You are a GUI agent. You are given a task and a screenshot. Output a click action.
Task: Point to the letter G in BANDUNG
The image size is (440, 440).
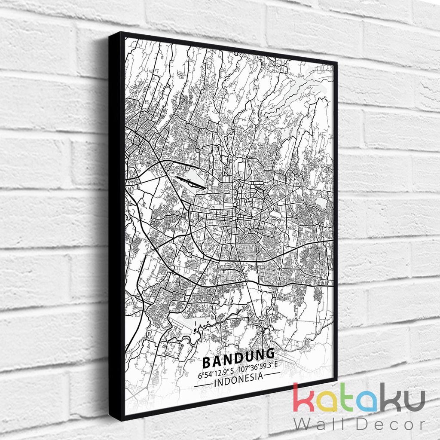[269, 354]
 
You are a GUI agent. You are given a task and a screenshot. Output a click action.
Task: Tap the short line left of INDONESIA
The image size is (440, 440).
[203, 386]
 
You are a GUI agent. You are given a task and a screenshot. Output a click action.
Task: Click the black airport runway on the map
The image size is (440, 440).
[191, 183]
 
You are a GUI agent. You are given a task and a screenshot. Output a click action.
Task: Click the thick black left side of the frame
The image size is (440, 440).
[115, 223]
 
